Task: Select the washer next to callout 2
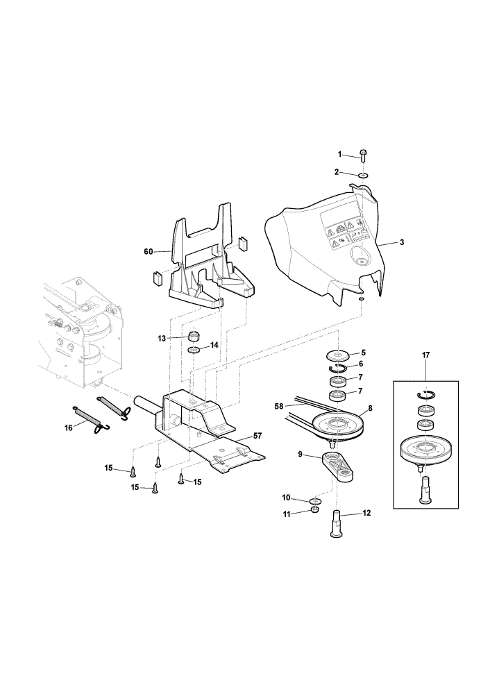364,176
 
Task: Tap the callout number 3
401,242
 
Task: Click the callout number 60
148,251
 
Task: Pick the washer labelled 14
194,350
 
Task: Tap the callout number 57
257,436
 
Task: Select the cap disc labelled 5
337,355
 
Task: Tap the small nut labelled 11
314,510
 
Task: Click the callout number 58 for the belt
278,406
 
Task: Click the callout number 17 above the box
426,355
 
